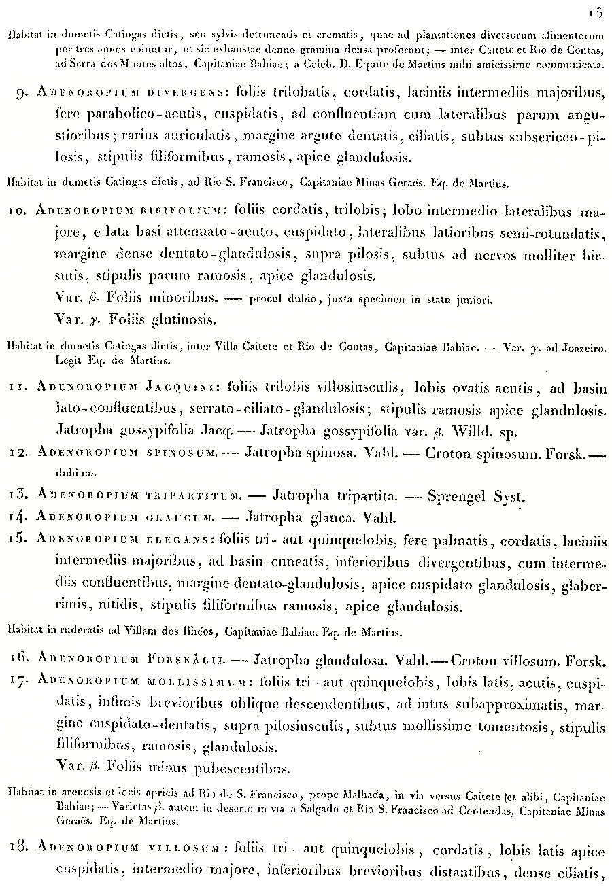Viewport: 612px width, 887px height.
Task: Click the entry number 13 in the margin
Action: [x=17, y=496]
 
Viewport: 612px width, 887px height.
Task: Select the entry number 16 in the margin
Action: [x=17, y=658]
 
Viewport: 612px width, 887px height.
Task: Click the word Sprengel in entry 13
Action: [x=456, y=497]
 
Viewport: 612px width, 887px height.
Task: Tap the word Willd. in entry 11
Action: [x=463, y=431]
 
